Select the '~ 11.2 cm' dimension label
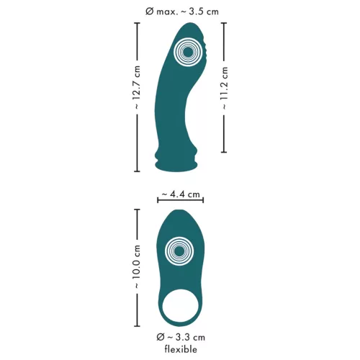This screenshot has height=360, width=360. coord(224,87)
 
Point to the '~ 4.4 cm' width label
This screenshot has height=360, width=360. coord(180,194)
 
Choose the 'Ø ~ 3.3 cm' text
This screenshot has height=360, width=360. coord(180,337)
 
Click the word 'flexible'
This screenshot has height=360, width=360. coord(180,350)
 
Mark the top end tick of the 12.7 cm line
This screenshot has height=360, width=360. coord(137,22)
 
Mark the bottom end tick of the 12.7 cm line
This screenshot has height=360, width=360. coord(137,172)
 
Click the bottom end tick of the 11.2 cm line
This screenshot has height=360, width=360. coord(224,153)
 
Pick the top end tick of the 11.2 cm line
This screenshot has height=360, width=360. coord(224,22)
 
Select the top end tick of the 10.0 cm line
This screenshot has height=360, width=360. coord(137,210)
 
